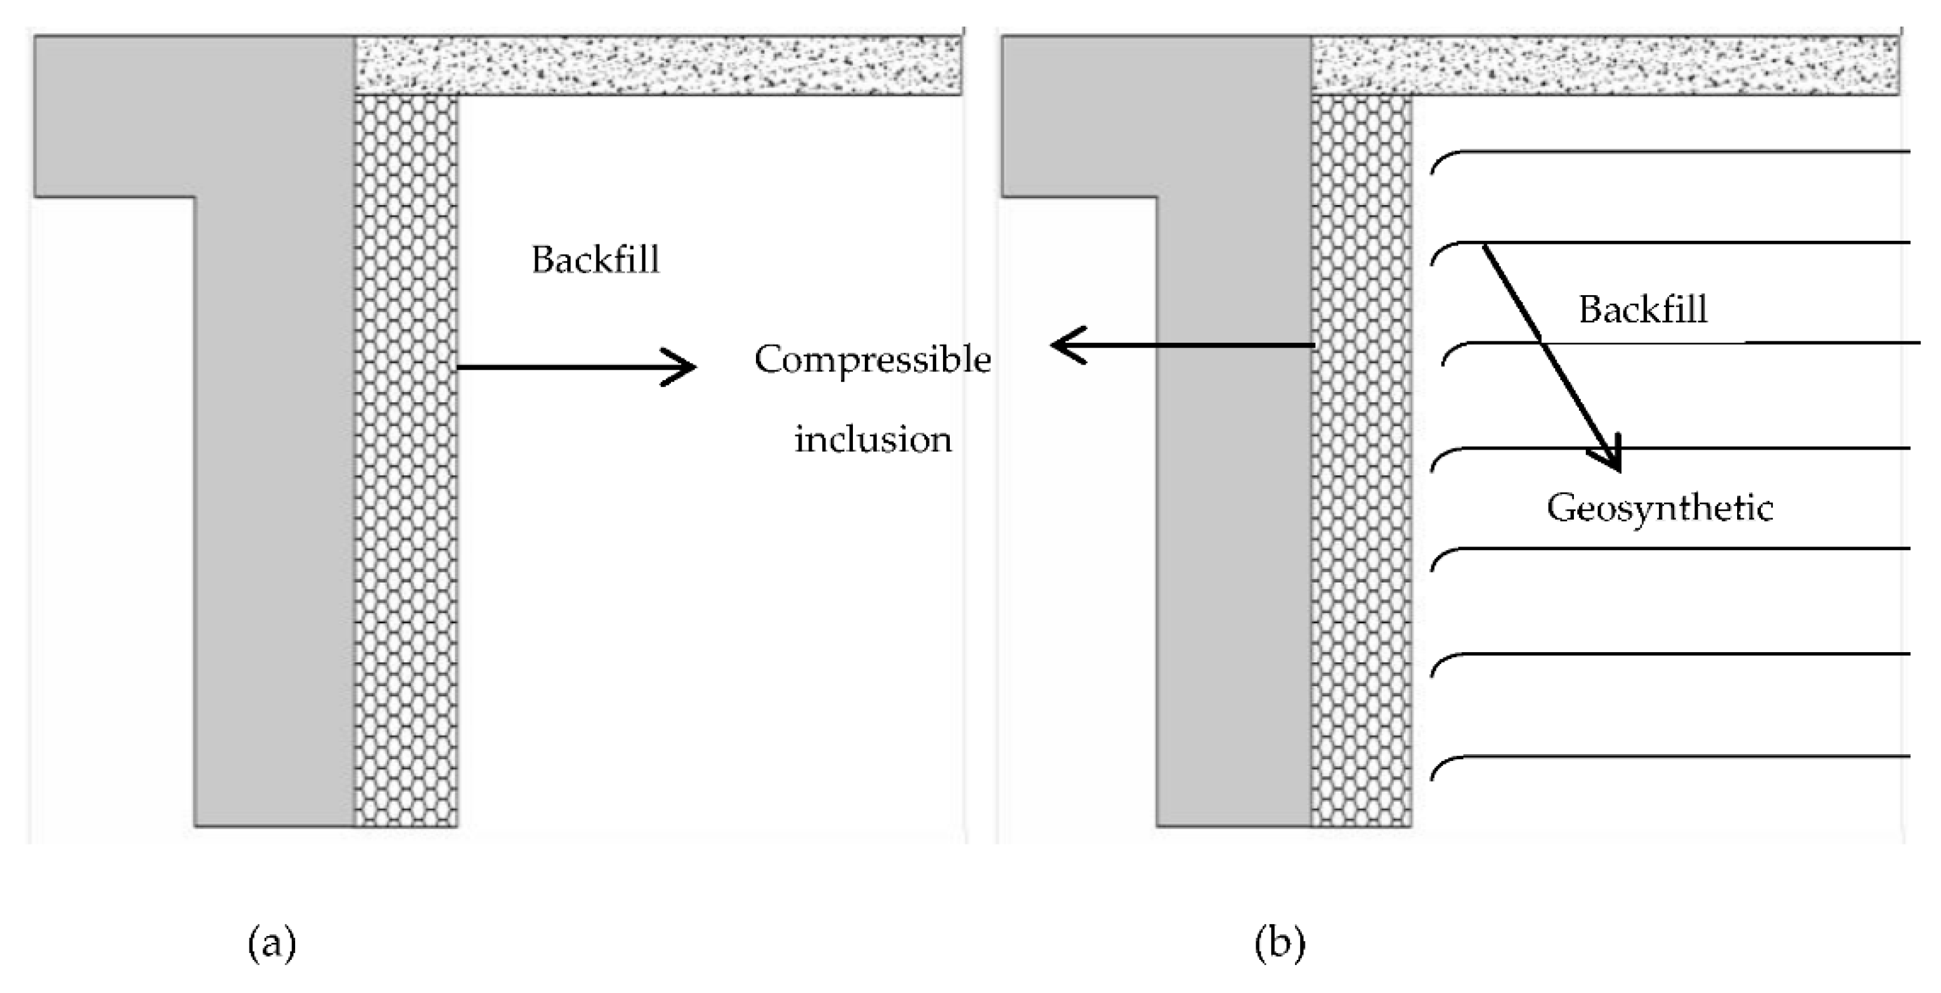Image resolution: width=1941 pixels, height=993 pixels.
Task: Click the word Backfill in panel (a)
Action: (x=595, y=260)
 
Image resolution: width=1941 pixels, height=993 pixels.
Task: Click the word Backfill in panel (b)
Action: (x=1643, y=310)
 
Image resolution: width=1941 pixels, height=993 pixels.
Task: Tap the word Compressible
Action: (x=872, y=360)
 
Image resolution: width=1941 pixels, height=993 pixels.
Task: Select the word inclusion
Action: (x=872, y=439)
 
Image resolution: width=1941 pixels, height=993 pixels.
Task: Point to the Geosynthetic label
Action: (x=1659, y=508)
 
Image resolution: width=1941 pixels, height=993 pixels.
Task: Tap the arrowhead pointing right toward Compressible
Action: (x=682, y=367)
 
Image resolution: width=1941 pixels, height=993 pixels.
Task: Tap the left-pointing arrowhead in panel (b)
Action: (x=1064, y=345)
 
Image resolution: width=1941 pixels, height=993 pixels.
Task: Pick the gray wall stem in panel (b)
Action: (x=1234, y=527)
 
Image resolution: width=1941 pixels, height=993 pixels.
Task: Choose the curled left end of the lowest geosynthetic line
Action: (x=1438, y=767)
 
